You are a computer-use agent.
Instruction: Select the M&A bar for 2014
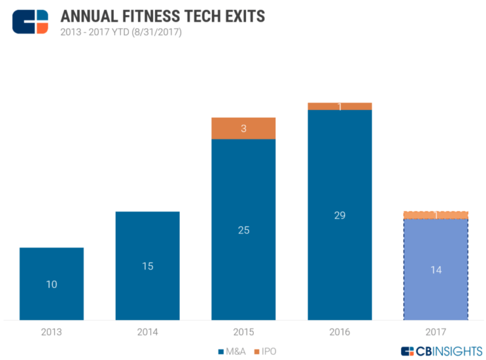147,266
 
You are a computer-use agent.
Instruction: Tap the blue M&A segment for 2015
244,229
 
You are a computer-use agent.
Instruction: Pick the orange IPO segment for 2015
244,128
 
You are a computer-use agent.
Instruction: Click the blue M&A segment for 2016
340,215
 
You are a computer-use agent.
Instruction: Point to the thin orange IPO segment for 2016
340,106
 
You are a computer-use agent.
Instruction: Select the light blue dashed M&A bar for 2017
435,269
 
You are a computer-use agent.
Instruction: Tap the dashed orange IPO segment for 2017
435,215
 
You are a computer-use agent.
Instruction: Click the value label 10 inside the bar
51,285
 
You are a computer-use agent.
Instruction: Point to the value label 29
340,216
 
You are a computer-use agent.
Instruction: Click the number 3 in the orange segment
244,129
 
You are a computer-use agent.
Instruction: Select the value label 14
435,270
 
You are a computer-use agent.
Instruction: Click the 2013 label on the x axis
51,332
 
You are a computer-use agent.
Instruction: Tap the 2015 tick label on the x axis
244,332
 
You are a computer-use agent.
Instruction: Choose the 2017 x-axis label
435,332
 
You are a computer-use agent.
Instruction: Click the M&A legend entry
232,351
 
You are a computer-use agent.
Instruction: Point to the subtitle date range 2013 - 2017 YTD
120,32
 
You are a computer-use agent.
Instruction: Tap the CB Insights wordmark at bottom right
440,351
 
